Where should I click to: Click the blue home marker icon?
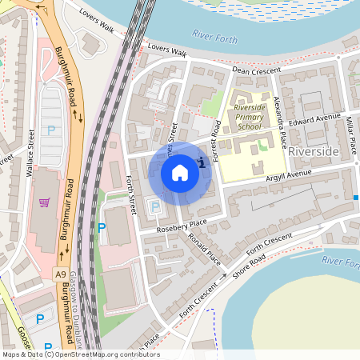coord(180,173)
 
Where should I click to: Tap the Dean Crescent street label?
coord(258,71)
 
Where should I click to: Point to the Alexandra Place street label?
coord(280,125)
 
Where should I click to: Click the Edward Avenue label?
coord(315,120)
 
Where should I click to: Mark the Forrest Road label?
coord(216,139)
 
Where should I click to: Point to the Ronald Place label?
coord(205,250)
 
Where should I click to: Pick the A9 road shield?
coord(62,274)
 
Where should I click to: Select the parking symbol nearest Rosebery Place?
coord(154,207)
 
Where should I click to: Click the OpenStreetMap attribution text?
coord(80,354)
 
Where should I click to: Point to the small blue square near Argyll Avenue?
coord(356,197)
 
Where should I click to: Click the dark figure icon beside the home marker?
coord(202,162)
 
